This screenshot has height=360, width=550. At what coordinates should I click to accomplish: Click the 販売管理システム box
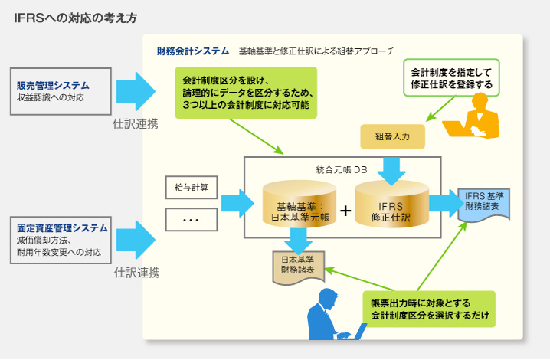tap(61, 90)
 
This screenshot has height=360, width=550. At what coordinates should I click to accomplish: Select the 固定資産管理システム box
tap(61, 240)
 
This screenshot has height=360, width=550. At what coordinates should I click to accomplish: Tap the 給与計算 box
tap(192, 187)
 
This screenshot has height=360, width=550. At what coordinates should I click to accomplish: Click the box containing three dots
tap(192, 220)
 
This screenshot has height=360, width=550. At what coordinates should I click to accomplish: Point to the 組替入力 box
tap(393, 137)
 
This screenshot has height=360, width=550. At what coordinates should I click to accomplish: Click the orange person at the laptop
tap(479, 116)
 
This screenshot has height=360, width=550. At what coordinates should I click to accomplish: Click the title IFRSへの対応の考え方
tap(77, 17)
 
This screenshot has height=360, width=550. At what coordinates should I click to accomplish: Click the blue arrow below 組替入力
tap(393, 168)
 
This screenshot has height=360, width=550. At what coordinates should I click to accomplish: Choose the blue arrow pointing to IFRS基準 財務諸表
tap(443, 203)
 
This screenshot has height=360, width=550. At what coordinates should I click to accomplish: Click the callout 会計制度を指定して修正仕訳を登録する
tap(451, 77)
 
